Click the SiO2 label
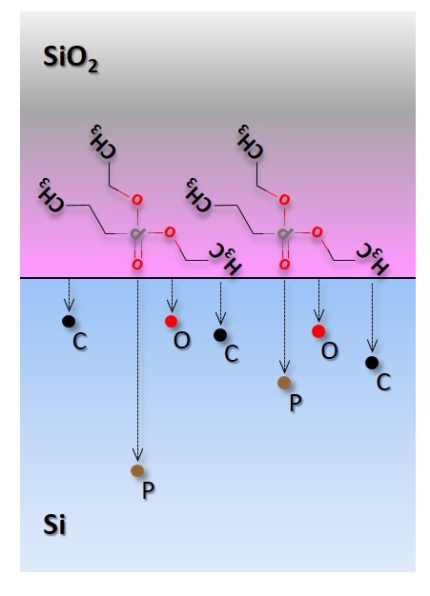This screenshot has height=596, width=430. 71,58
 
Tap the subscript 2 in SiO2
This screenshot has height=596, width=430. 92,67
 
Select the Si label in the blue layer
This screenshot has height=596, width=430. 54,525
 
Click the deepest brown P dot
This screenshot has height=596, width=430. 137,470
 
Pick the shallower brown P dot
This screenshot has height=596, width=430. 284,383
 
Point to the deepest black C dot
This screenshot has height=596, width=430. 372,363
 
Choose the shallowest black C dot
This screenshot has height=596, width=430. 69,322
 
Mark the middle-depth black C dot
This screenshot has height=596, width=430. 220,335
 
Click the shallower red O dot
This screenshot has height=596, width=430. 172,322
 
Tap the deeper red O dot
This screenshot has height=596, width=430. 318,331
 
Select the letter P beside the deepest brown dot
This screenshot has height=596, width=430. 148,490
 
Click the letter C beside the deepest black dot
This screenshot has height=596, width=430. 383,382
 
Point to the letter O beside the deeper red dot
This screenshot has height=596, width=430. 329,350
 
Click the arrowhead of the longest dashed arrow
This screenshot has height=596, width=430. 137,454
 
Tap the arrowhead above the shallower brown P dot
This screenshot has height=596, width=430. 284,367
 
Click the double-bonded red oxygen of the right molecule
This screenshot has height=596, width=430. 284,264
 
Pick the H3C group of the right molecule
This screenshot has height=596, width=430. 373,258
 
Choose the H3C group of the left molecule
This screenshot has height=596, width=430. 225,258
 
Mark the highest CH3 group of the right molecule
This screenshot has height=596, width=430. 250,142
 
